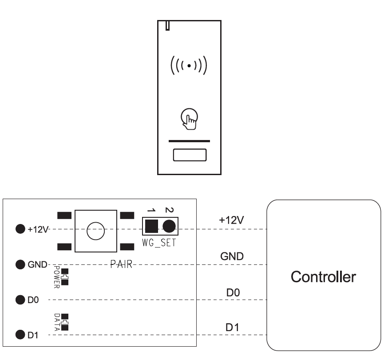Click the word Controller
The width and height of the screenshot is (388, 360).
click(323, 277)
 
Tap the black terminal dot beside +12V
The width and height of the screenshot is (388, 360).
click(20, 229)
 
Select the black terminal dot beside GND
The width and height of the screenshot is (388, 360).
click(20, 264)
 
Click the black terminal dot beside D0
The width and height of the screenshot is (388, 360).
click(20, 300)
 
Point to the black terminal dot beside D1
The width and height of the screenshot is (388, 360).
click(20, 335)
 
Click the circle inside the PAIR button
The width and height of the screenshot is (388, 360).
click(96, 231)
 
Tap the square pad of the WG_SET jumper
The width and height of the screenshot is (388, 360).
click(151, 226)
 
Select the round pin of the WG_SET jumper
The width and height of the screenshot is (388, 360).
click(169, 226)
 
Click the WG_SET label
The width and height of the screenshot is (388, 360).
click(159, 243)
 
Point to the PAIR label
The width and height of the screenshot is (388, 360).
click(121, 264)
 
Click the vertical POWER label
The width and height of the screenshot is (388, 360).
click(56, 277)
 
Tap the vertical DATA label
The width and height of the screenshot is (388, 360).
click(57, 322)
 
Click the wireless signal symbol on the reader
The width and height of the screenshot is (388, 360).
click(189, 66)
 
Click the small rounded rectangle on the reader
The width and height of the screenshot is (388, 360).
click(190, 155)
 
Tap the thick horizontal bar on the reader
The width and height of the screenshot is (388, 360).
click(189, 141)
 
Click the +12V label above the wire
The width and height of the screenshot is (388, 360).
click(231, 220)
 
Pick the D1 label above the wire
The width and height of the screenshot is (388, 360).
click(232, 328)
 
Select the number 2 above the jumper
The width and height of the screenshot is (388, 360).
click(169, 210)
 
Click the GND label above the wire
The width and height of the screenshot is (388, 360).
click(232, 256)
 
